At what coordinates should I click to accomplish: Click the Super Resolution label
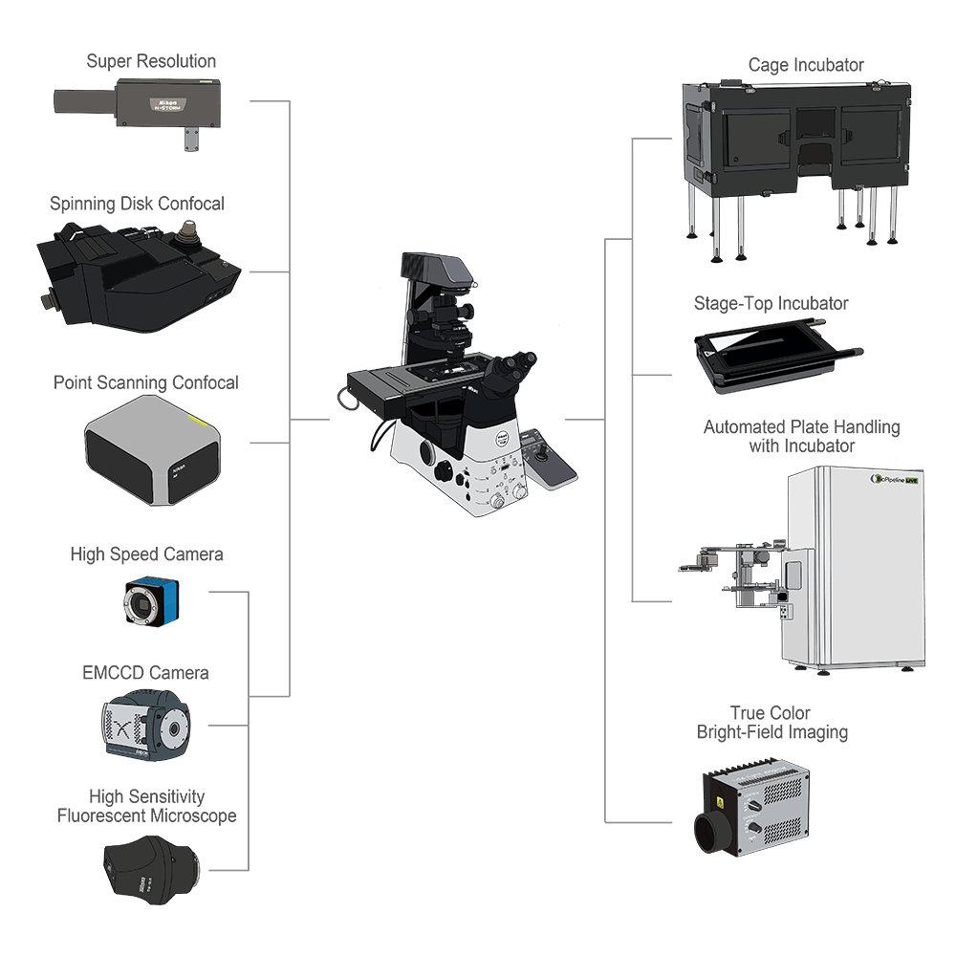tap(151, 61)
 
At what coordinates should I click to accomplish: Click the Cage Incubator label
tap(805, 66)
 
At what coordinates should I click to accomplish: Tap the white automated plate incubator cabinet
tap(856, 564)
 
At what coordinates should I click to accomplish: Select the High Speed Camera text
tap(146, 554)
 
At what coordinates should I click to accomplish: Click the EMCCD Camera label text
tap(145, 673)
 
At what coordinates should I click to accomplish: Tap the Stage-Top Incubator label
tap(771, 304)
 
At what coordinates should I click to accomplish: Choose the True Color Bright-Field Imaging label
tap(771, 724)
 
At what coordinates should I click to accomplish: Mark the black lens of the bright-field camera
tap(710, 829)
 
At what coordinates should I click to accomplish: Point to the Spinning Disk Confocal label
tap(137, 204)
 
